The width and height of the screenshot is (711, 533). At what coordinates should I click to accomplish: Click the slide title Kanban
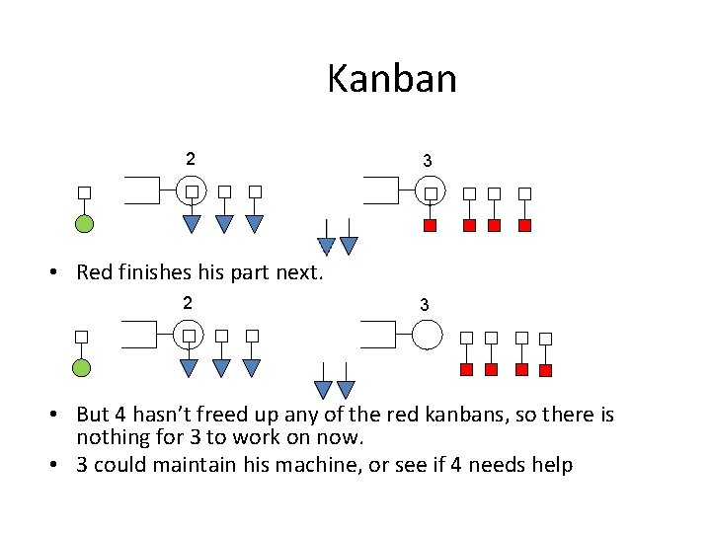point(392,78)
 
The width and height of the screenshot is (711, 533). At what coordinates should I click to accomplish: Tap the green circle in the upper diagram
point(85,223)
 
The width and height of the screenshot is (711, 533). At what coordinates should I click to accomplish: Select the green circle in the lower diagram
point(82,368)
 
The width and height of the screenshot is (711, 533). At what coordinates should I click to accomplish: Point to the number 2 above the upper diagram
point(191,158)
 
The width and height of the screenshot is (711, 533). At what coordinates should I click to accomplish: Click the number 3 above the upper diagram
point(427,160)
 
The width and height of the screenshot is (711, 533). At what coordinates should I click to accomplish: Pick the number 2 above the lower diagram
point(188,302)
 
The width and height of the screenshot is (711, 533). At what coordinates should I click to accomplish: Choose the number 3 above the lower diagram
point(425,305)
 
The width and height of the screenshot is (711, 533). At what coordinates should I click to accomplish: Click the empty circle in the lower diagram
point(427,336)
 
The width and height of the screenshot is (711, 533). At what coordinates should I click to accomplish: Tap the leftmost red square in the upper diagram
point(431,226)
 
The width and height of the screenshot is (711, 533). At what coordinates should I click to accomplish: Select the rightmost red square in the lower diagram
point(544,370)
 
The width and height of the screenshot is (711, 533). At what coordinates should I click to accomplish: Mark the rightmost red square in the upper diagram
point(525,226)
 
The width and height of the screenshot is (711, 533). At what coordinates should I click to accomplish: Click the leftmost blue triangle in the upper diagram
point(193,223)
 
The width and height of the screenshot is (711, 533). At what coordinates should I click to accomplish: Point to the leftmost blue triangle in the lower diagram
point(190,368)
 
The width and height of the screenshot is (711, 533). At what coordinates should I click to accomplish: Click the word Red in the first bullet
point(95,272)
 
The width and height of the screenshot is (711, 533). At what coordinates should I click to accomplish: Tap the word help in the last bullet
point(551,464)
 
